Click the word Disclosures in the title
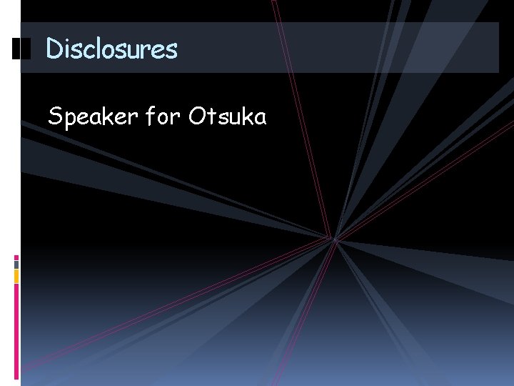coord(111,49)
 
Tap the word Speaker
coord(91,116)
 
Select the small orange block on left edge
coord(16,276)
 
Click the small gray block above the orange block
coord(16,264)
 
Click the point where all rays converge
coord(334,238)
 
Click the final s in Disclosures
coord(171,50)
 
